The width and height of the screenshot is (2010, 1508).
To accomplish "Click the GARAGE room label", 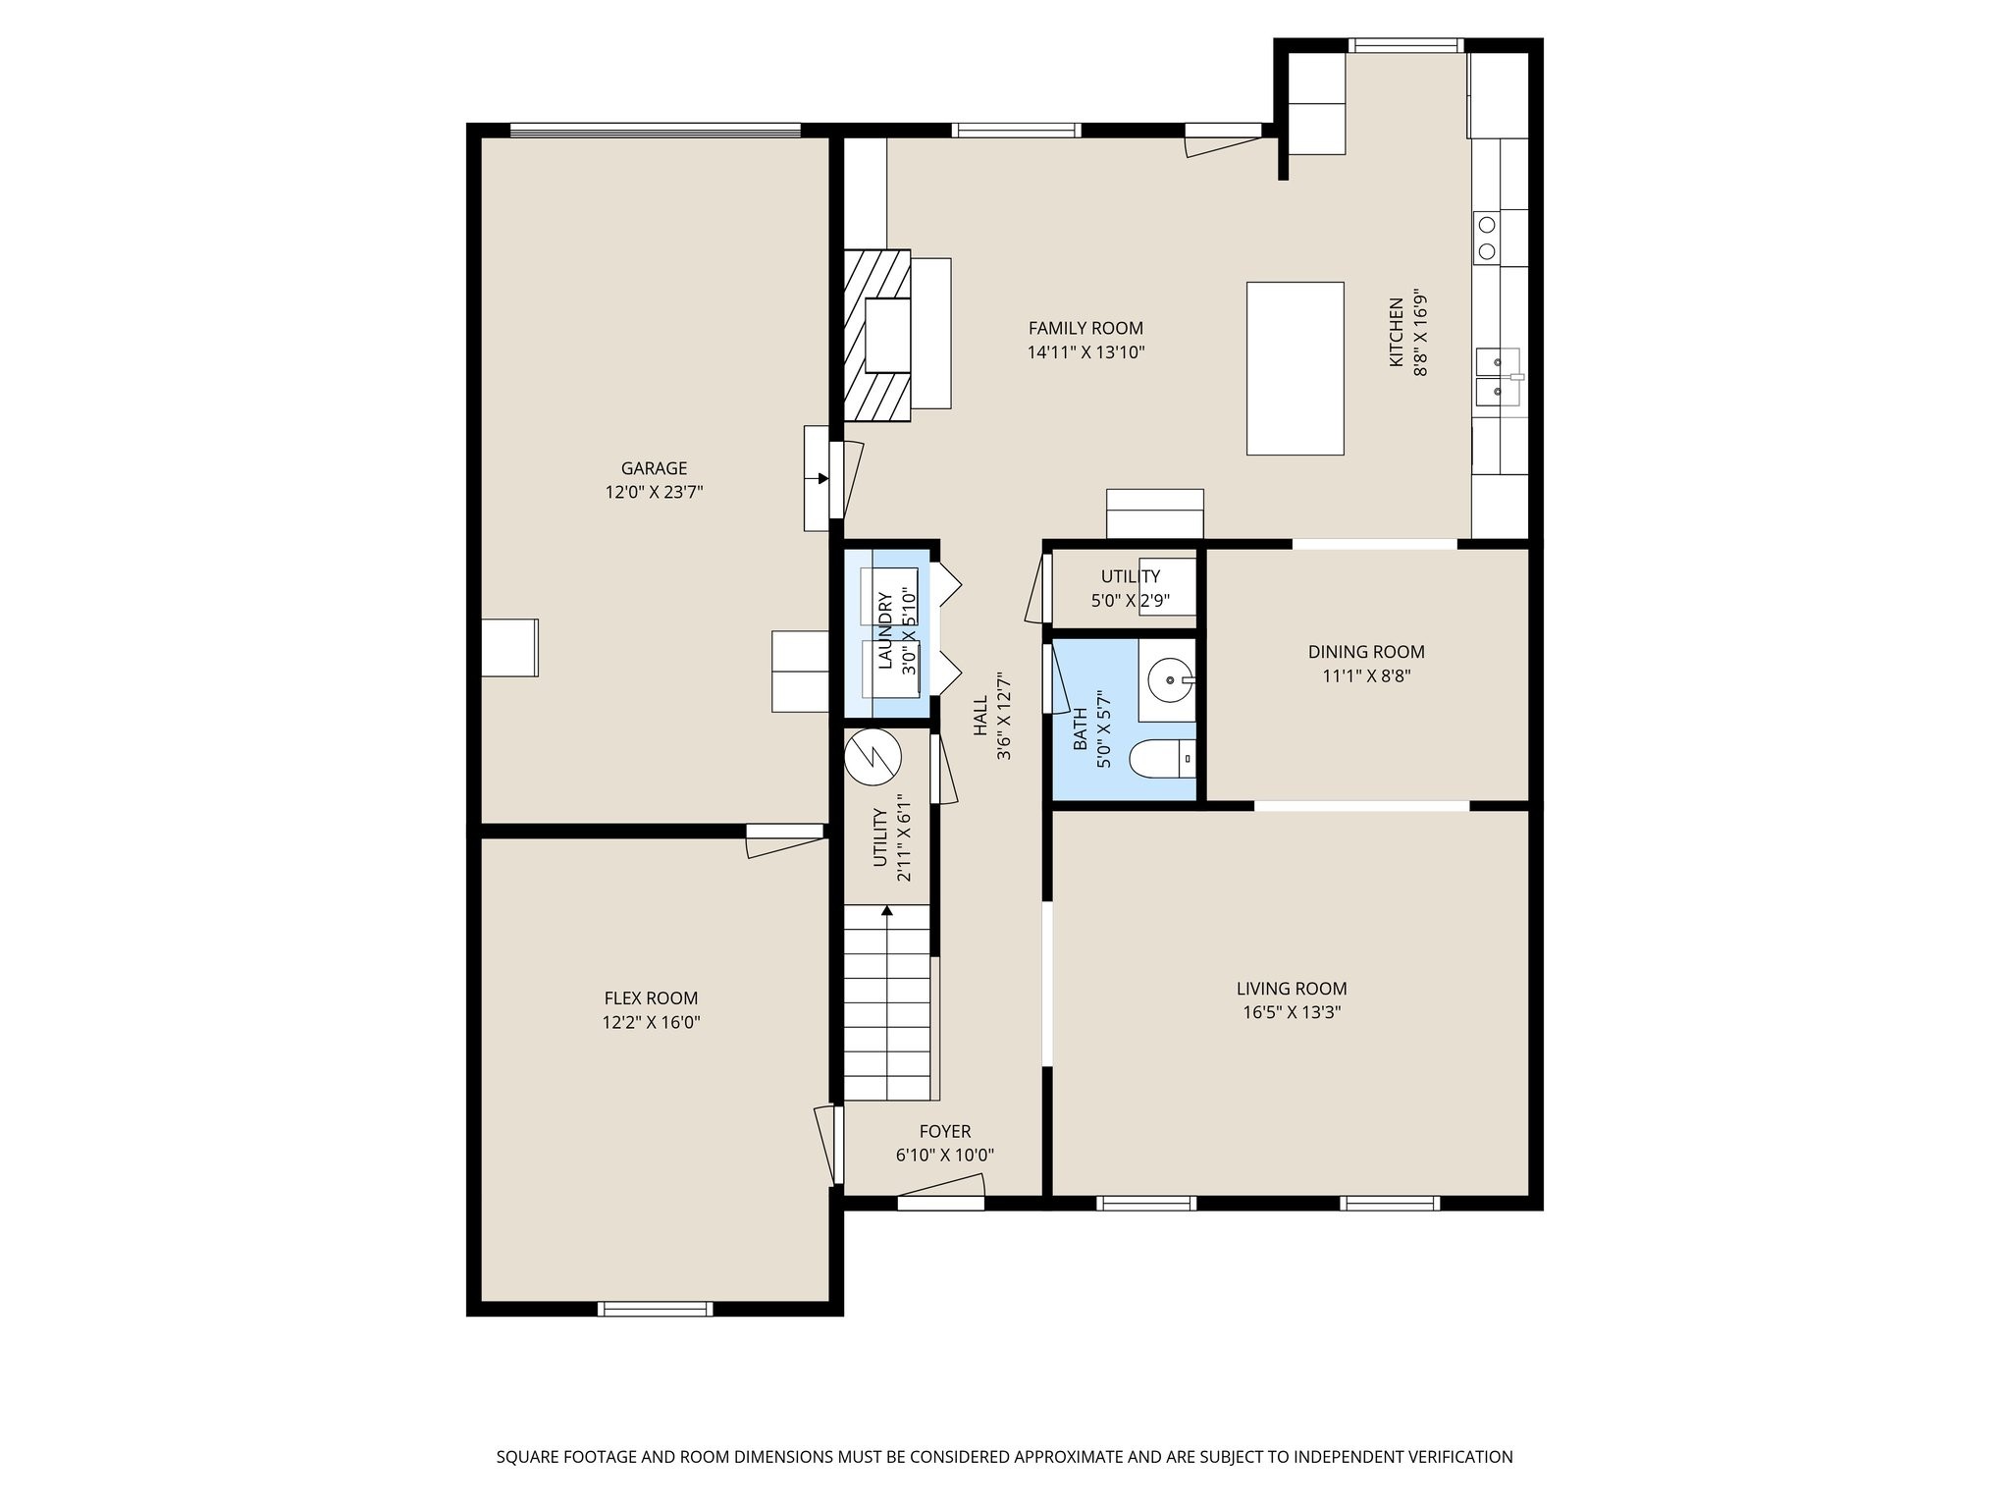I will pyautogui.click(x=654, y=468).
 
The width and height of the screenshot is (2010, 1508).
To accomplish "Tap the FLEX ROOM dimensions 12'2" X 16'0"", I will pyautogui.click(x=651, y=1022).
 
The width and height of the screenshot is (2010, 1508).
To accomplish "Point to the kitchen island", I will pyautogui.click(x=1295, y=368).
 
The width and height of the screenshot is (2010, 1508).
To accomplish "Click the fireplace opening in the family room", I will pyautogui.click(x=888, y=336).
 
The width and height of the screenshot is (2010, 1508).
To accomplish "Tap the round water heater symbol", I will pyautogui.click(x=873, y=757).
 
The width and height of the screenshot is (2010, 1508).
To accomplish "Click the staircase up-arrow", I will pyautogui.click(x=887, y=911).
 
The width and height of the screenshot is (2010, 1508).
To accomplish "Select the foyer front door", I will pyautogui.click(x=940, y=1202).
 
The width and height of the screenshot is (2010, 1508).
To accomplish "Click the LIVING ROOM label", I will pyautogui.click(x=1292, y=989).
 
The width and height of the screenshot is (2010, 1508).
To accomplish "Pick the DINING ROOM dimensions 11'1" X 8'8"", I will pyautogui.click(x=1366, y=675).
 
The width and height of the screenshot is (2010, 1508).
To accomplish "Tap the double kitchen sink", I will pyautogui.click(x=1498, y=377).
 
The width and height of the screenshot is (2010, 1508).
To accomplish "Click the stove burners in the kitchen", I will pyautogui.click(x=1487, y=237).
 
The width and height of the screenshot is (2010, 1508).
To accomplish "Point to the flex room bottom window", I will pyautogui.click(x=655, y=1308).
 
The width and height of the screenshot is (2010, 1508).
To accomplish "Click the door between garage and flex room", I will pyautogui.click(x=785, y=833).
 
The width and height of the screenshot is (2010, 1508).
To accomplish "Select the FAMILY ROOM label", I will pyautogui.click(x=1085, y=328).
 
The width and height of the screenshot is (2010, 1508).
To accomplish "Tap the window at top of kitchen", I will pyautogui.click(x=1405, y=45).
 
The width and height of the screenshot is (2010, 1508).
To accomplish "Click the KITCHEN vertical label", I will pyautogui.click(x=1396, y=333).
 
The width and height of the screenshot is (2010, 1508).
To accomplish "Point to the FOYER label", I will pyautogui.click(x=944, y=1131).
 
